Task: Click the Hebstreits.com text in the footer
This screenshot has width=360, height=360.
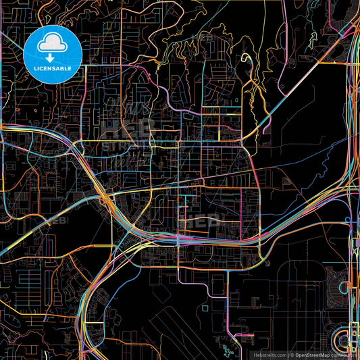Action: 269,354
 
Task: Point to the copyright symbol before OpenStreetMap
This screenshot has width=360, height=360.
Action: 293,354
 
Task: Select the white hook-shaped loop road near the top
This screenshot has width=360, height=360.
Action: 247,62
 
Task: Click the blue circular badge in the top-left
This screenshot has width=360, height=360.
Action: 52,55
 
